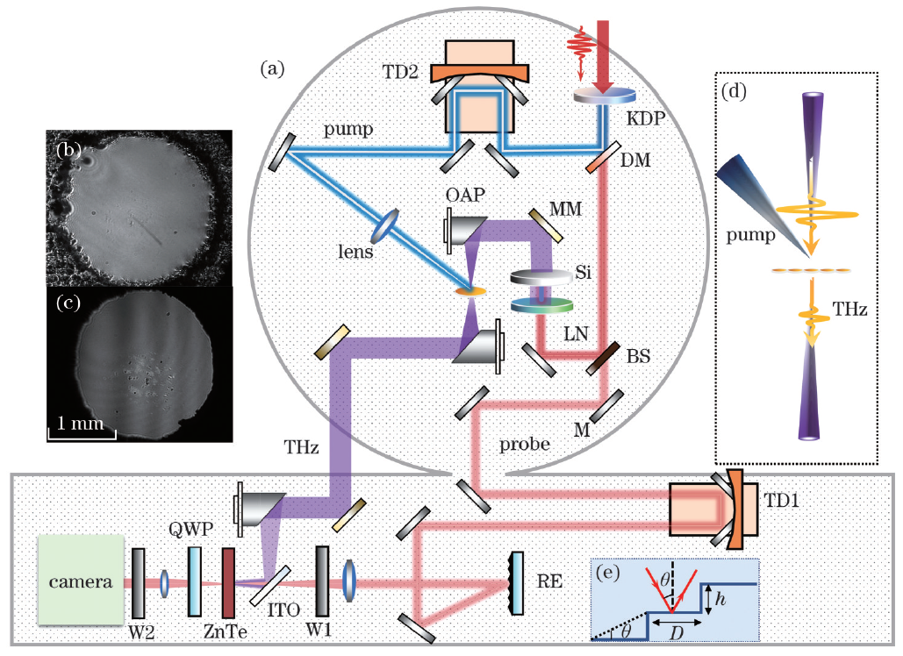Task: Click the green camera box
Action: [x=78, y=582]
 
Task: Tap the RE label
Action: [x=549, y=580]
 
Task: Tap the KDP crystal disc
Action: [x=605, y=95]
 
